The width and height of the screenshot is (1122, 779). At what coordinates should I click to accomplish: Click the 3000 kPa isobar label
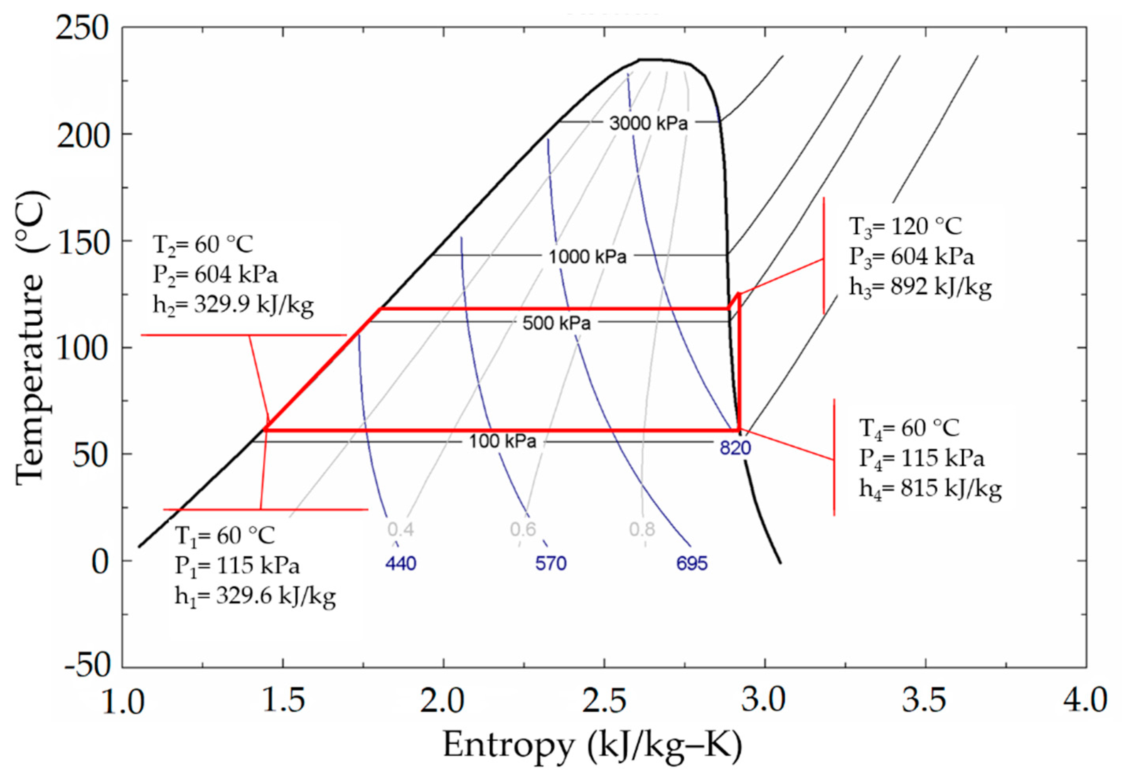click(x=648, y=123)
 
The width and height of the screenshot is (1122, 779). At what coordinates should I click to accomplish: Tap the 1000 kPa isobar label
click(x=587, y=257)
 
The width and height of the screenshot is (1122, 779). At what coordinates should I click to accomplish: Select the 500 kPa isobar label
click(x=557, y=323)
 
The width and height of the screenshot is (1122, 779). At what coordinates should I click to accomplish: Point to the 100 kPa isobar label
click(x=502, y=442)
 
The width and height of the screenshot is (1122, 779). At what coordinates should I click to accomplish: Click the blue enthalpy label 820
click(x=735, y=447)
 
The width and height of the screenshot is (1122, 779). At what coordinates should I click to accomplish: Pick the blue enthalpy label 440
click(x=401, y=564)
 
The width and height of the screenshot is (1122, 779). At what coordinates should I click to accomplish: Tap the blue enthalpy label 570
click(x=551, y=564)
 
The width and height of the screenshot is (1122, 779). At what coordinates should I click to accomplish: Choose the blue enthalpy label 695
click(x=691, y=564)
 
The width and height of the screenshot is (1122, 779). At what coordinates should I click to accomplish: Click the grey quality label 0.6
click(x=523, y=529)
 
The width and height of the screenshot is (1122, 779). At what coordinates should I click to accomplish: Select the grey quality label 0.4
click(x=401, y=529)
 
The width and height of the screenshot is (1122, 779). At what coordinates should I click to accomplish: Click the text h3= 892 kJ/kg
click(x=920, y=287)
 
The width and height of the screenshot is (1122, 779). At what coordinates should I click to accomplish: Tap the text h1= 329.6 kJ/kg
click(x=255, y=596)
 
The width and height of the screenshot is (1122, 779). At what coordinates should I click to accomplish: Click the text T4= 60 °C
click(x=909, y=428)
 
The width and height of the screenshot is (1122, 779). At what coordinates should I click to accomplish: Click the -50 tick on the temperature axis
click(x=88, y=667)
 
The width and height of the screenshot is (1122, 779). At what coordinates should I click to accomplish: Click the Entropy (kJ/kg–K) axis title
click(x=592, y=746)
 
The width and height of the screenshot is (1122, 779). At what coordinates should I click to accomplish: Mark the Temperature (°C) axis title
click(x=30, y=337)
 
